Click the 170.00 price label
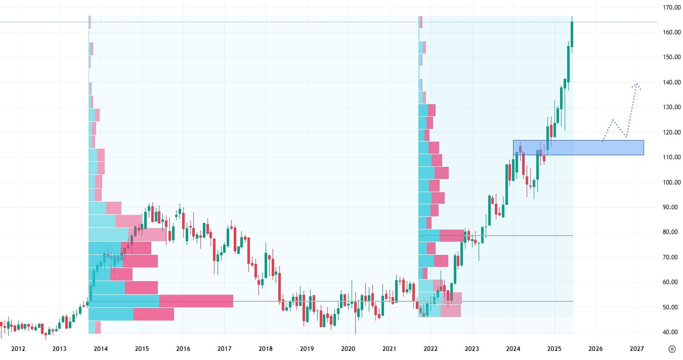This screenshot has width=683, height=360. click(672, 8)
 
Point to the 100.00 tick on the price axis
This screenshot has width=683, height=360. click(672, 182)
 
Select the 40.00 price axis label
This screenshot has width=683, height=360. click(672, 332)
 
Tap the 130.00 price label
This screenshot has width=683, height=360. click(672, 107)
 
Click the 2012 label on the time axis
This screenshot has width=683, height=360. click(18, 349)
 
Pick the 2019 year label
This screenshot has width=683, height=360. click(307, 349)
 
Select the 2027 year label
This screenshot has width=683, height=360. click(636, 349)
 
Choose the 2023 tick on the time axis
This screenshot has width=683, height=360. click(472, 349)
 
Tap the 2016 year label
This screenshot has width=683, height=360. click(183, 349)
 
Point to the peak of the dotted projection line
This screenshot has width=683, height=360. click(636, 84)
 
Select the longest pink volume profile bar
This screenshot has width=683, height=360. click(196, 301)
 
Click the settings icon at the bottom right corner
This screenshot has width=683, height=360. click(672, 349)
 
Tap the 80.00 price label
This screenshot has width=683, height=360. click(672, 232)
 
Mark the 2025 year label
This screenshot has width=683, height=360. click(554, 349)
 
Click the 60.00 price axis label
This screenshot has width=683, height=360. click(672, 282)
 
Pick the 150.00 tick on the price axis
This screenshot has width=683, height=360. click(672, 57)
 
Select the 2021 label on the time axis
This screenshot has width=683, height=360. click(389, 349)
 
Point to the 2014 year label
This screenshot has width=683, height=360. click(101, 349)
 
